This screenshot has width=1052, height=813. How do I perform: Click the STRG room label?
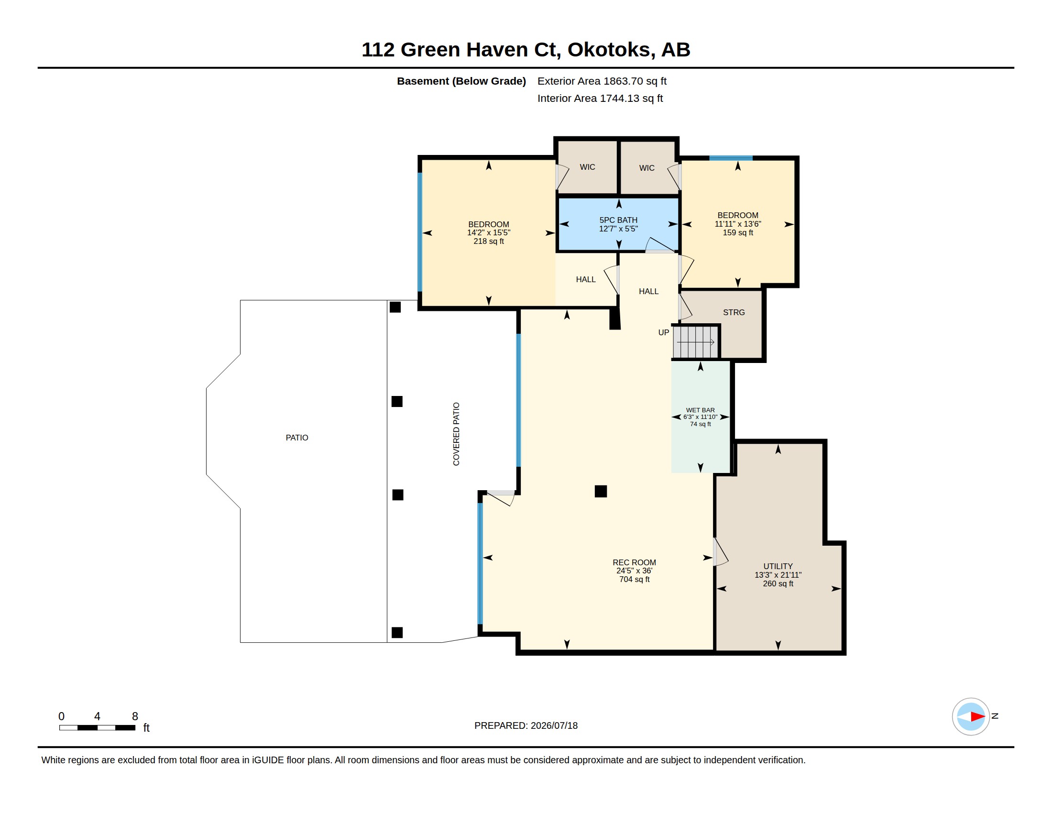click(734, 313)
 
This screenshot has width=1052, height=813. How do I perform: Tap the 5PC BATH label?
click(618, 220)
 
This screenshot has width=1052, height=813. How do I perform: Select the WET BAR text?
click(701, 410)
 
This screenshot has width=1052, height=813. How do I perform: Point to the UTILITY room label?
click(778, 566)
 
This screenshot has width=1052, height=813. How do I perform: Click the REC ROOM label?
click(635, 562)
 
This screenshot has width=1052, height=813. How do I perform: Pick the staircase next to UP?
click(696, 342)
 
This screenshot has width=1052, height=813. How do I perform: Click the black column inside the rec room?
click(601, 491)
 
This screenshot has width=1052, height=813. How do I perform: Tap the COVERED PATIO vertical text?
click(456, 434)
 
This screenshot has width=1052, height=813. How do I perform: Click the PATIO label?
click(297, 438)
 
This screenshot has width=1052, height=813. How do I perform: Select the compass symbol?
click(971, 717)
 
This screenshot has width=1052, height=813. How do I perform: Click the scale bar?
click(97, 728)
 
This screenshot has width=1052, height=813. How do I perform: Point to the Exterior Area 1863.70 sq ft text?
click(602, 81)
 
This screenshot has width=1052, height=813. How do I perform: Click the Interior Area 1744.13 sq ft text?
click(600, 98)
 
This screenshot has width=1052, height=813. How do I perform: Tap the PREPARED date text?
click(526, 726)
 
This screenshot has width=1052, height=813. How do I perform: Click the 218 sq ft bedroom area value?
click(488, 242)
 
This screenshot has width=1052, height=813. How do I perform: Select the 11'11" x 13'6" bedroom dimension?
click(737, 224)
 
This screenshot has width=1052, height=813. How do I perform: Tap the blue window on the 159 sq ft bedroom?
click(731, 158)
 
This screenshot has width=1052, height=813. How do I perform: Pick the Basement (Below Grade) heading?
click(461, 81)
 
